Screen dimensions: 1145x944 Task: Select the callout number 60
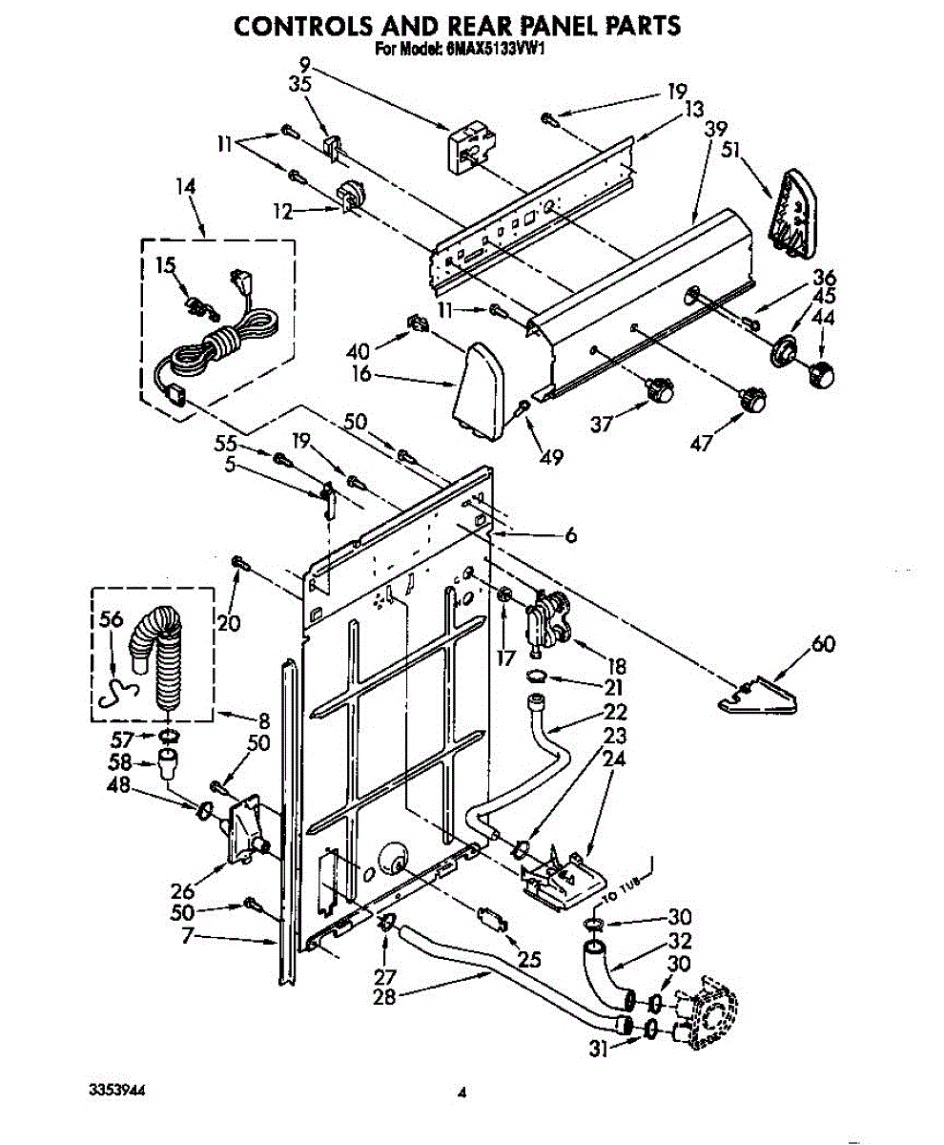[x=822, y=645]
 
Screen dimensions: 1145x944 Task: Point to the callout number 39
[x=714, y=130]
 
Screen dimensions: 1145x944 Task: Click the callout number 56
[x=111, y=619]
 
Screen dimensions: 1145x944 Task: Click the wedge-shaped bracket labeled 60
[x=760, y=695]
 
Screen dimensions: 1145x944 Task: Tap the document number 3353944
[x=118, y=1089]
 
